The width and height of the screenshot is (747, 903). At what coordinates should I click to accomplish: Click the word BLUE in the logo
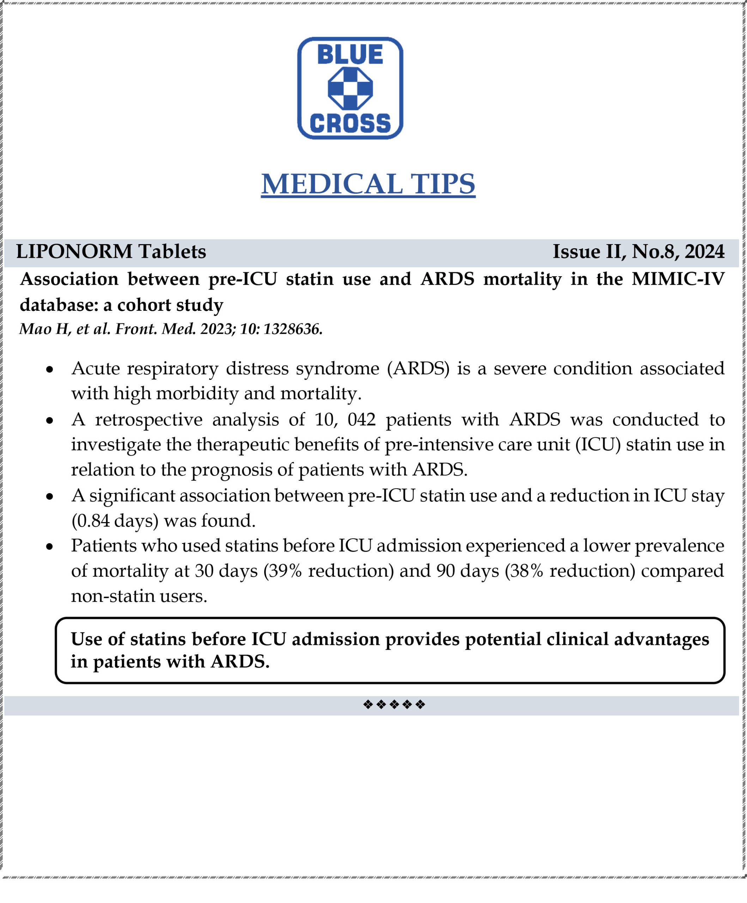[350, 55]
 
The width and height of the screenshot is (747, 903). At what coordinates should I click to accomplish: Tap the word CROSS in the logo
[350, 123]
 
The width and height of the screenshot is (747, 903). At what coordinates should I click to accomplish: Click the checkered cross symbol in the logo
[350, 89]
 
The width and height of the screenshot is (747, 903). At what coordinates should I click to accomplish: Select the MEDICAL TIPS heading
[368, 184]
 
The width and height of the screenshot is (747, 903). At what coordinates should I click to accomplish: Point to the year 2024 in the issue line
[704, 251]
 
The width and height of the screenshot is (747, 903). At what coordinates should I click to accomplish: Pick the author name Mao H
[45, 329]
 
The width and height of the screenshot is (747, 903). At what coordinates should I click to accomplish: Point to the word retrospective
[149, 420]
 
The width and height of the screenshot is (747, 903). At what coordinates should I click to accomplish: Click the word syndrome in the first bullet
[338, 369]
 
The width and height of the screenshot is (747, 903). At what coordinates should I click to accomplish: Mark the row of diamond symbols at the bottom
[394, 705]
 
